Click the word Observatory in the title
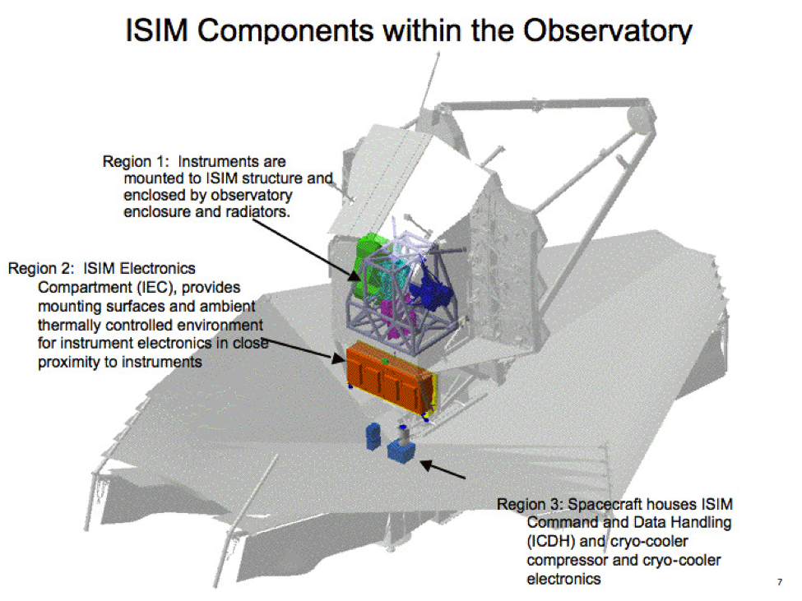[607, 30]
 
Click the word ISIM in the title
[157, 30]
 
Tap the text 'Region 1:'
[136, 161]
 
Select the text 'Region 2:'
[41, 268]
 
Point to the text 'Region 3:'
[530, 505]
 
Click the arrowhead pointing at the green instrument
[354, 275]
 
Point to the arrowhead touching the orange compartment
[338, 358]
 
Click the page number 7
[780, 582]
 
